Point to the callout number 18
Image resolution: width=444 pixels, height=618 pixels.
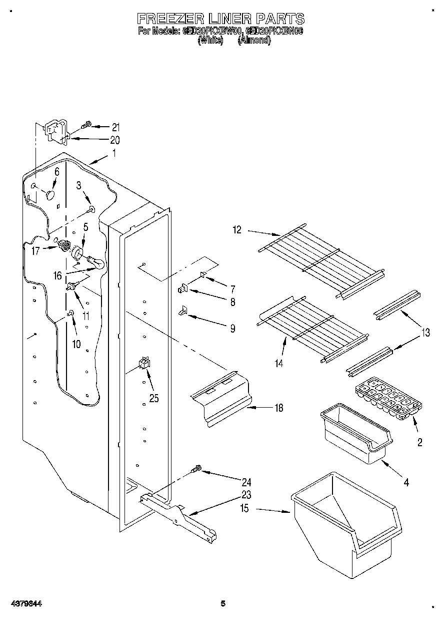tap(278, 408)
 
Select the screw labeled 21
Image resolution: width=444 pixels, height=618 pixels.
tap(86, 124)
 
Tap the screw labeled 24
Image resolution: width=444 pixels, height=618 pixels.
tap(196, 470)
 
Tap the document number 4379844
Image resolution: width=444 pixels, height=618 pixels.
tap(24, 604)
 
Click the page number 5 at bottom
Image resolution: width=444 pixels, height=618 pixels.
tap(223, 604)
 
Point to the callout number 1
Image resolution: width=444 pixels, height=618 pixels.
tap(114, 154)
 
